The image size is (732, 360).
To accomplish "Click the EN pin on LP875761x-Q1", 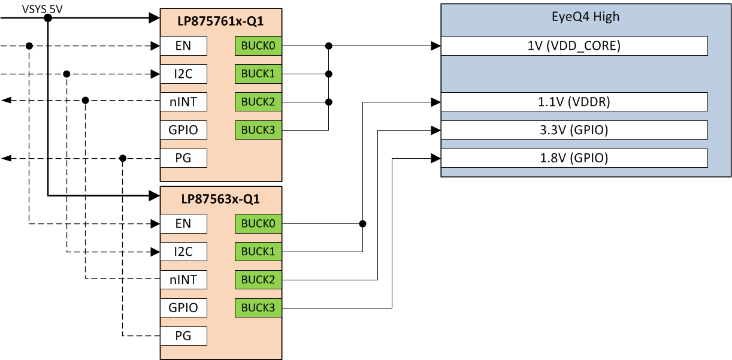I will [183, 46].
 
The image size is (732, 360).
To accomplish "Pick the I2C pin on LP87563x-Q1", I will [183, 252].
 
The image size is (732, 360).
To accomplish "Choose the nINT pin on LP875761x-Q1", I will [183, 102].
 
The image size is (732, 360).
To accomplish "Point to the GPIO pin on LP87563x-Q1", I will [183, 308].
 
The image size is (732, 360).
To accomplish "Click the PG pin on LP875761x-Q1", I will [183, 158].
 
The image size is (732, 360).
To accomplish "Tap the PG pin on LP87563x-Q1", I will [183, 336].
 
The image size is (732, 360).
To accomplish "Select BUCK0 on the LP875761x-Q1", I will [258, 46].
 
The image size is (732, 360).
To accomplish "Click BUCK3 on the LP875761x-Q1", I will [258, 130].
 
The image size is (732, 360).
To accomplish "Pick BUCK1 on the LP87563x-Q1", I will [258, 252].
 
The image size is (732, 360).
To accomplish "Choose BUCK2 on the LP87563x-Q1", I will [258, 280].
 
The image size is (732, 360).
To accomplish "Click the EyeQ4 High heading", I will [585, 17].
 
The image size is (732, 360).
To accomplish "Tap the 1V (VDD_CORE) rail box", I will [574, 46].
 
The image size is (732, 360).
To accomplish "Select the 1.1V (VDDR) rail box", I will [574, 102].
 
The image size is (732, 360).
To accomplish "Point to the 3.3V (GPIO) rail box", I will [574, 130].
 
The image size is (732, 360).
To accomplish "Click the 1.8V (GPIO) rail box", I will [574, 158].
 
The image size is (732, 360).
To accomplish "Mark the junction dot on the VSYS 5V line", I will [48, 18].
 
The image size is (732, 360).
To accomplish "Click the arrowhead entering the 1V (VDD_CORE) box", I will [435, 46].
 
